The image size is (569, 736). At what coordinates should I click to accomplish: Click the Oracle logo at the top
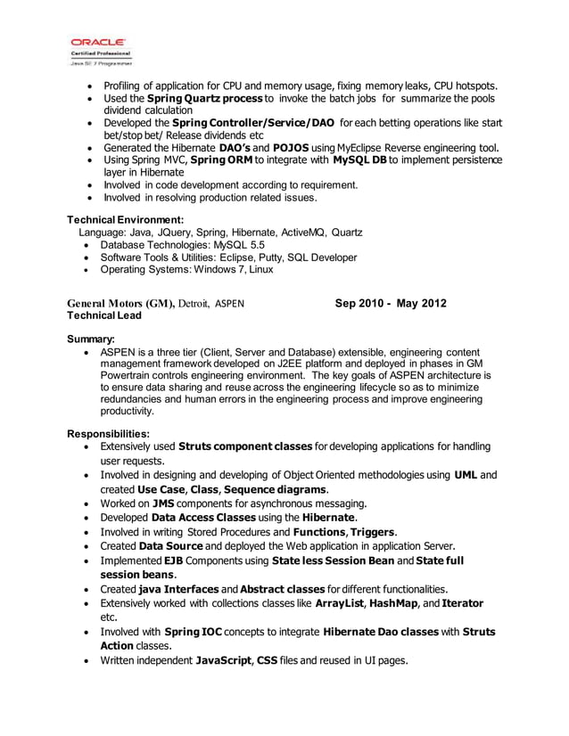coord(98,42)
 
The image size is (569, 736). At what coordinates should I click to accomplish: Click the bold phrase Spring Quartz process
coord(204,98)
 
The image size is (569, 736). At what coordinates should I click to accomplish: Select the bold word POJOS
coord(291,147)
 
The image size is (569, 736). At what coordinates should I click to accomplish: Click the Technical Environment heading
coord(126,219)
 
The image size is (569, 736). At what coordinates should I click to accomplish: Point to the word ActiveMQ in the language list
coord(302,233)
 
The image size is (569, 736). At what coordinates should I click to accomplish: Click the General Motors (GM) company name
coord(121,304)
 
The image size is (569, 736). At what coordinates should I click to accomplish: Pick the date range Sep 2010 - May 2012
coord(391,304)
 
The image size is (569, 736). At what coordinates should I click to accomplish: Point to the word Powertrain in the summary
coord(129,377)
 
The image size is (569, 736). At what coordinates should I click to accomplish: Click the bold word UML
coord(466,475)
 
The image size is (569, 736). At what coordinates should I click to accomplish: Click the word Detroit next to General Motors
coord(195,304)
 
